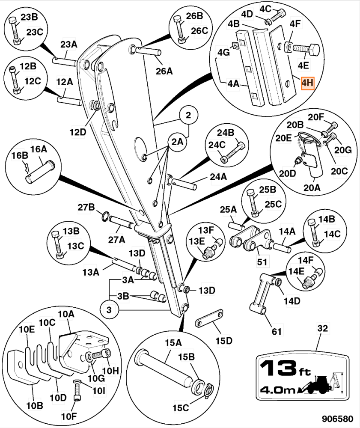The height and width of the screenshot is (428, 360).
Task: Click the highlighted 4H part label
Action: [x=307, y=83]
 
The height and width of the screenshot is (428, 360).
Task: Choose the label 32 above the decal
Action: [x=322, y=329]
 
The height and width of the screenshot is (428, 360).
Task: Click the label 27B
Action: [x=86, y=208]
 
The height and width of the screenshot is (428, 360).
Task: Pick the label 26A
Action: [x=164, y=71]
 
